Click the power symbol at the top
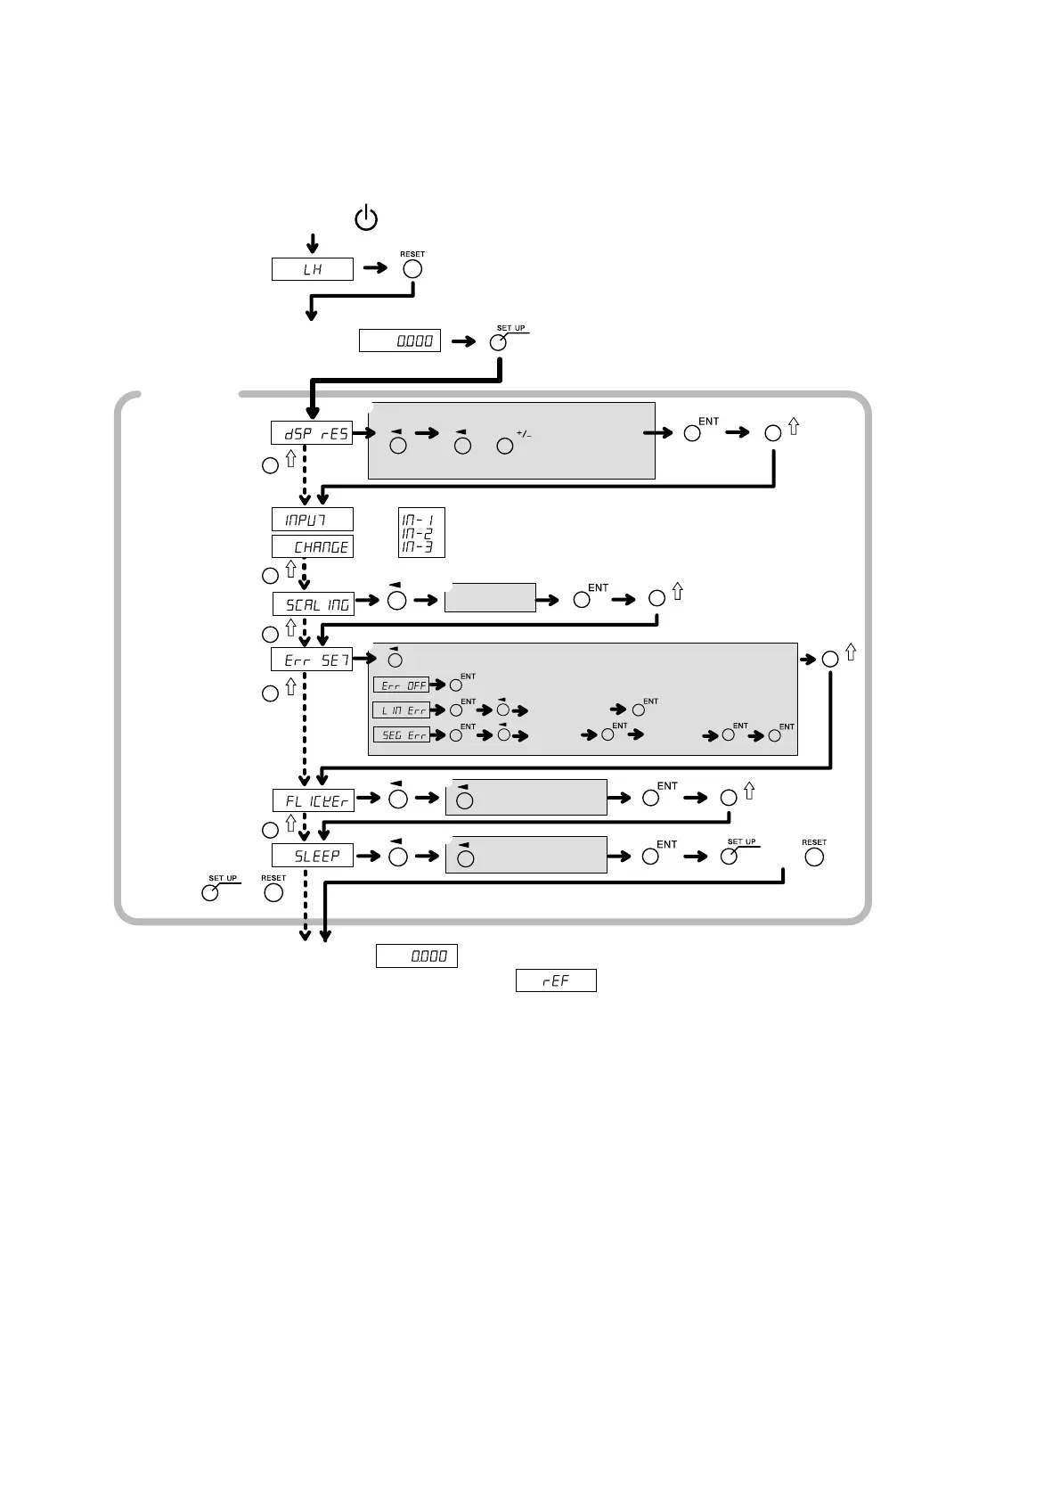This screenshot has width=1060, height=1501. click(366, 218)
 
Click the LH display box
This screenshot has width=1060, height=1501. click(312, 269)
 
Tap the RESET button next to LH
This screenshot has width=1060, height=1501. click(412, 269)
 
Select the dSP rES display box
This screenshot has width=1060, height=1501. click(312, 433)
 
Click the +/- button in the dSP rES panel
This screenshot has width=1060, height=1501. click(505, 446)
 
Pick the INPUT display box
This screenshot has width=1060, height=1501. click(312, 520)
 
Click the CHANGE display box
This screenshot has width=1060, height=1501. click(312, 546)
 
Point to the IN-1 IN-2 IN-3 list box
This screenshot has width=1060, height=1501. click(421, 533)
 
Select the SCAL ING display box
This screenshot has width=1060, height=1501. click(313, 604)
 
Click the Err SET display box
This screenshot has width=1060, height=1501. click(312, 660)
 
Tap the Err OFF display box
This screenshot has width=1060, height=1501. click(401, 685)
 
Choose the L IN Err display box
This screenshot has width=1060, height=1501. click(401, 710)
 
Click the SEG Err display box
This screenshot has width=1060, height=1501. click(401, 735)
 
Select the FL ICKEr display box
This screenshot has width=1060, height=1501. click(313, 800)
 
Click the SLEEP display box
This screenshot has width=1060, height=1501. click(312, 856)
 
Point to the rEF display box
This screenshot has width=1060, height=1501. click(556, 980)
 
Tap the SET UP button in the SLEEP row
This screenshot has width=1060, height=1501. click(730, 857)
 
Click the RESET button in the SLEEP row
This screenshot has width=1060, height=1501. click(814, 857)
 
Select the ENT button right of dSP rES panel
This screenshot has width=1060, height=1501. click(692, 433)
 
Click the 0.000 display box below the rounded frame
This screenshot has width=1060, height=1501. click(417, 956)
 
